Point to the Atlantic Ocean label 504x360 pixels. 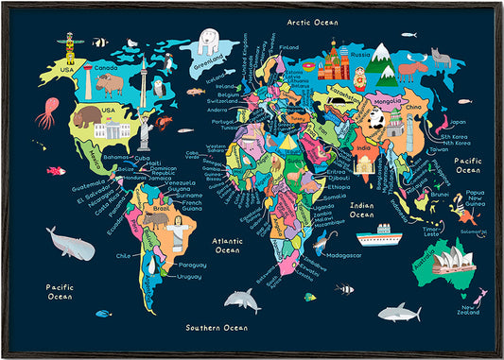228,246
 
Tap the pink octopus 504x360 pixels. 44,114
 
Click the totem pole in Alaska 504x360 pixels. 69,47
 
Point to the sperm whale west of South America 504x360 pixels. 71,246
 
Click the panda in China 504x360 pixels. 374,118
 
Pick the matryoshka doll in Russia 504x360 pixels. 362,78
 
